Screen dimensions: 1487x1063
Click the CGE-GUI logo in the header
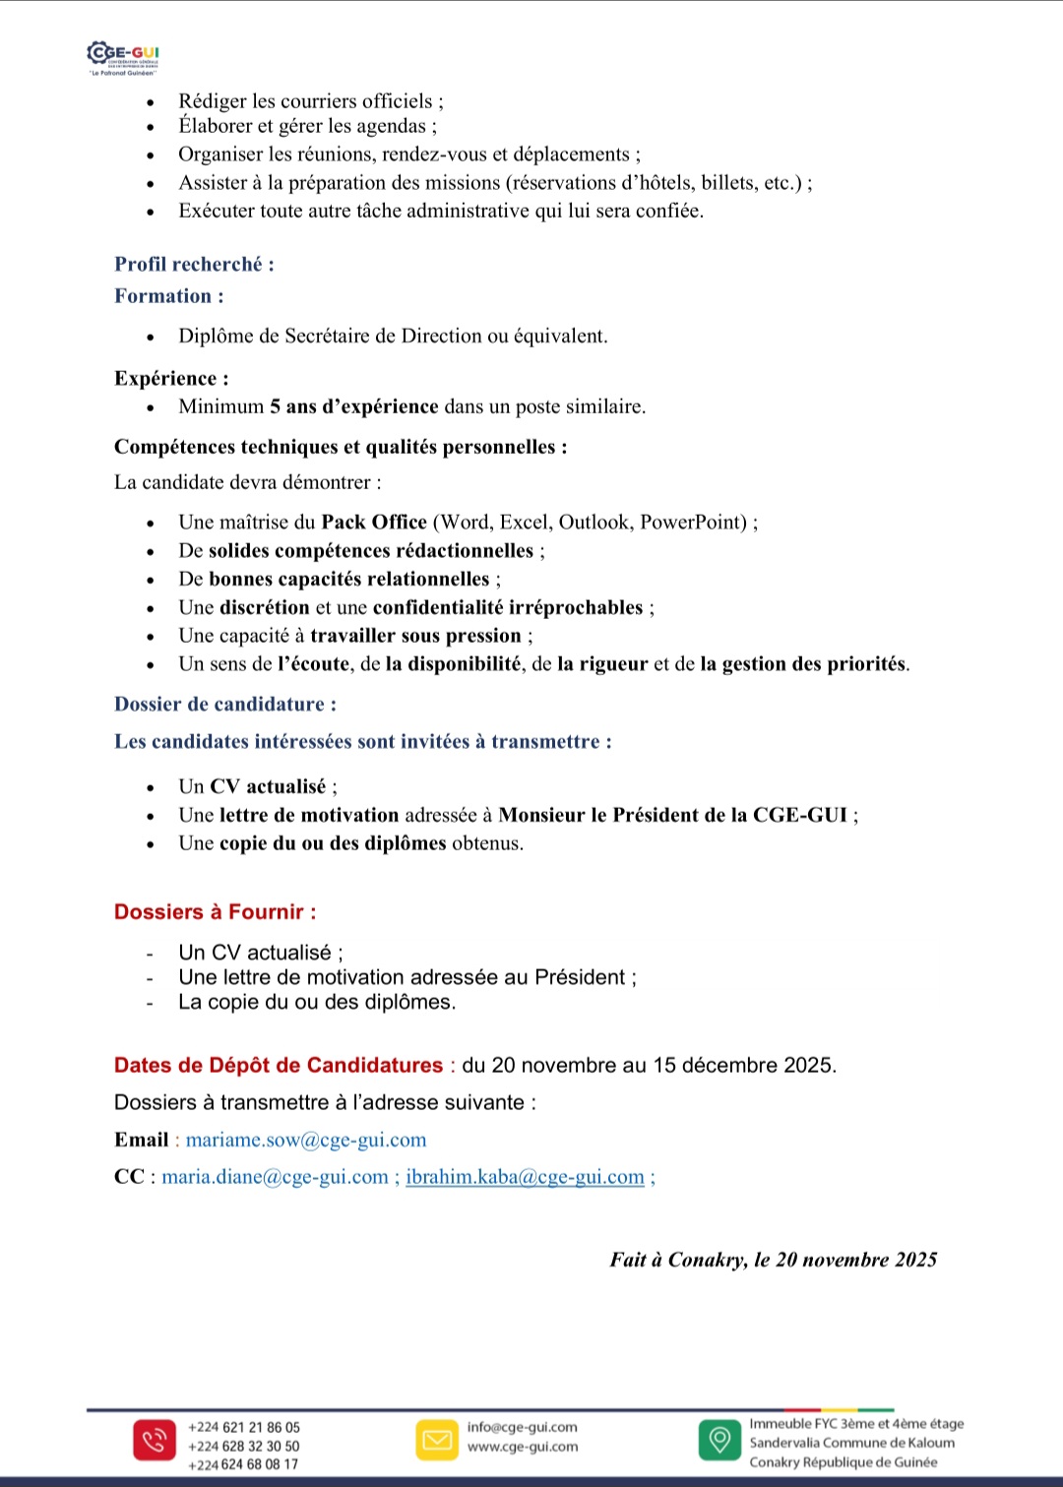[123, 57]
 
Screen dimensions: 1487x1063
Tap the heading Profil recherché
[194, 264]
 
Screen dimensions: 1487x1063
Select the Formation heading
[168, 296]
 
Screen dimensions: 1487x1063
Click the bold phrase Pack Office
[374, 523]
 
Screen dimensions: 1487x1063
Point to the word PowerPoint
[693, 523]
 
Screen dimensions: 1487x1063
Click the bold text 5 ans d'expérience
[354, 406]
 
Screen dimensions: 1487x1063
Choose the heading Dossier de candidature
[224, 705]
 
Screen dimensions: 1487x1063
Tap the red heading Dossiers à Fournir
[215, 912]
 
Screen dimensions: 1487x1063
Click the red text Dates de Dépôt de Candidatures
[279, 1066]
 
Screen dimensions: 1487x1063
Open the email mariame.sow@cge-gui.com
[306, 1140]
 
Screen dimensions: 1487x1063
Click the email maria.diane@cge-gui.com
[275, 1177]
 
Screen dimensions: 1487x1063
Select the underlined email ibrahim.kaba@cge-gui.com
[525, 1177]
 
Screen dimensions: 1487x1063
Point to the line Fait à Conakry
[773, 1260]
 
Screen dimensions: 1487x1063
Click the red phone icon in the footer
[154, 1441]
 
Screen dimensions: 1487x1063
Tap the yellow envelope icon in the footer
[437, 1441]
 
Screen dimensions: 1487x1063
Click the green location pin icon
[719, 1440]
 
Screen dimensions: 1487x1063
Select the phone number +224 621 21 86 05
[244, 1427]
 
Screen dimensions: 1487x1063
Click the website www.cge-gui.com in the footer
[523, 1447]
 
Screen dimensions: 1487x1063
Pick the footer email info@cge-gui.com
[523, 1427]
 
